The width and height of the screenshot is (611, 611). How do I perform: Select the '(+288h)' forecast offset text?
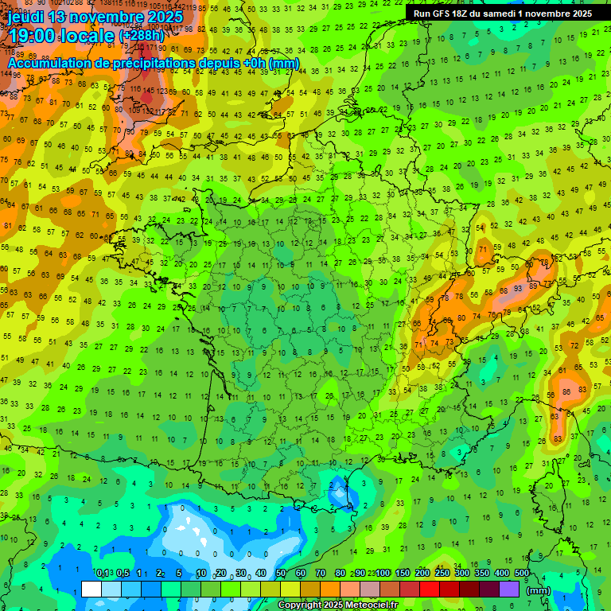[x=142, y=35]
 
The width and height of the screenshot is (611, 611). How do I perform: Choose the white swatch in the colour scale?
[x=91, y=589]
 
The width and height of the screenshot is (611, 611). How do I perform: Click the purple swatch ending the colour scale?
[x=509, y=589]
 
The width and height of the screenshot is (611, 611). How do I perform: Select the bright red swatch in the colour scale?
[x=430, y=589]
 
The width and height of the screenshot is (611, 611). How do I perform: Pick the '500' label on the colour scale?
[x=522, y=574]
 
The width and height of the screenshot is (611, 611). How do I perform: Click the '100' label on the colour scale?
[x=383, y=574]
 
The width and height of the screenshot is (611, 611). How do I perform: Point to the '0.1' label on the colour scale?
[x=102, y=574]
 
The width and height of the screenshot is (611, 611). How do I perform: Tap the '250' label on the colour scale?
[x=442, y=574]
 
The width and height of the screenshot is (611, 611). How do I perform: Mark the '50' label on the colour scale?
[x=280, y=574]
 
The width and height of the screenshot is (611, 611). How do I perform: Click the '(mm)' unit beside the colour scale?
[x=539, y=590]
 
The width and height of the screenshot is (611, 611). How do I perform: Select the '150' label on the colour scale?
[x=403, y=574]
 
